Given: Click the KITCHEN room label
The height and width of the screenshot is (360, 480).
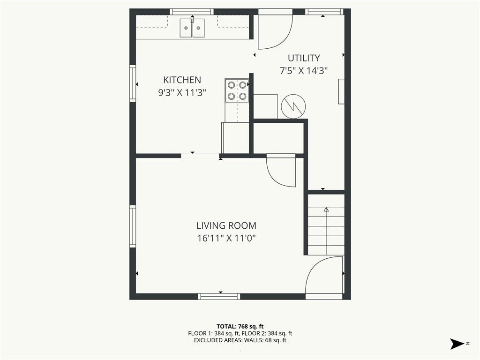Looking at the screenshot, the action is click(182, 80).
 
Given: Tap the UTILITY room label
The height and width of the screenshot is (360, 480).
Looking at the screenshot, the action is click(304, 58).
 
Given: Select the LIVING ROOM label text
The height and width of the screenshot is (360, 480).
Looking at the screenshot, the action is click(226, 225).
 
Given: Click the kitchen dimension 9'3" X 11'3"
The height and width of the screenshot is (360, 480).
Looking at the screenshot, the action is click(182, 92).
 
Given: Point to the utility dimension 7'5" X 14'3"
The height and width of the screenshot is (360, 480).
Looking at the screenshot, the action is click(304, 71).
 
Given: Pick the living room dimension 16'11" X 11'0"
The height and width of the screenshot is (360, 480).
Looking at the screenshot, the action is click(226, 238).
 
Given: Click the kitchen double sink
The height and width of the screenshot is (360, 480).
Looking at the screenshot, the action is click(192, 28).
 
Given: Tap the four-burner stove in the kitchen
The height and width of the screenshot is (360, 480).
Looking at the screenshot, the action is click(237, 90).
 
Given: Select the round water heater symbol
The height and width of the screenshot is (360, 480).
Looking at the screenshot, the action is click(293, 106).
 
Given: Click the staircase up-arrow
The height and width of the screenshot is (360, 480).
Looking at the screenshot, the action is click(326, 231).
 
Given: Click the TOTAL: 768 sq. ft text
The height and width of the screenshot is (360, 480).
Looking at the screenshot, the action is click(240, 326).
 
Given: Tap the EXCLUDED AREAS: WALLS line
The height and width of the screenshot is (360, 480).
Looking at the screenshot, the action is click(240, 340).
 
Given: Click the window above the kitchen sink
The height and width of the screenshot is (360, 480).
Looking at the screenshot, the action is click(192, 12).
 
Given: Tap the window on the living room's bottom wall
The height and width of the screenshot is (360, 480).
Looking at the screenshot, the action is click(219, 296).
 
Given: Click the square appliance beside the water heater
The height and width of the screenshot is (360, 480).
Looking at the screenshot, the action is click(265, 106).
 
